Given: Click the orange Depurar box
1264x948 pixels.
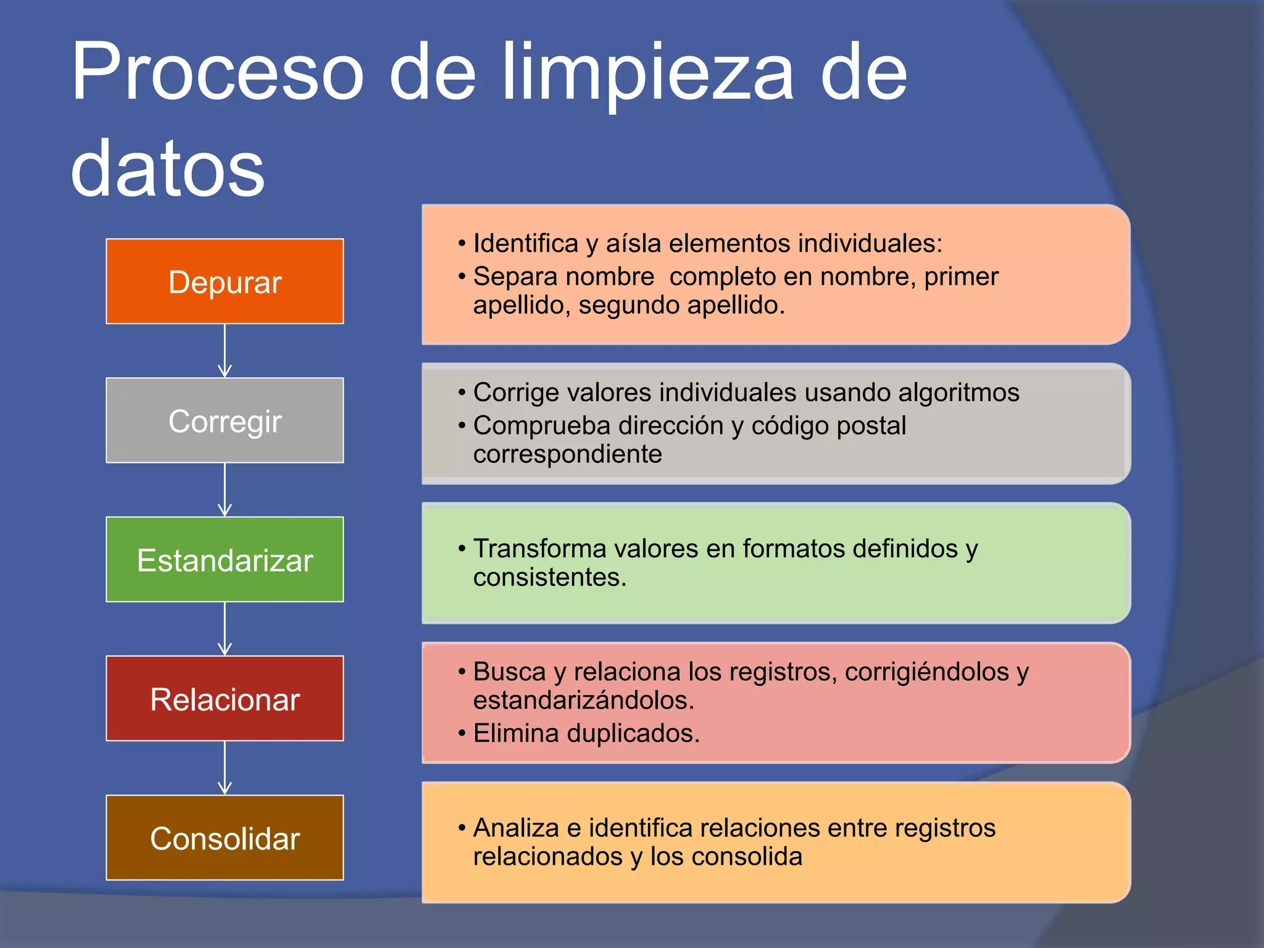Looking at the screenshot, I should coord(225,281).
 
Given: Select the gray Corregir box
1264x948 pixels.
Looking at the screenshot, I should coord(225,420).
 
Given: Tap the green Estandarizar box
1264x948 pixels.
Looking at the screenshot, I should coord(225,559).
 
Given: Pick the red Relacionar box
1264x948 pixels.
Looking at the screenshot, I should coord(225,699).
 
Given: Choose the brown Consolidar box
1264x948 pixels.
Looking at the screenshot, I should coord(225,838).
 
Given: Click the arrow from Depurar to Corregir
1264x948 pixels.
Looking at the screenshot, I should coord(225,351).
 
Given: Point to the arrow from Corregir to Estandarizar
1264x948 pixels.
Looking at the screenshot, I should coord(225,489).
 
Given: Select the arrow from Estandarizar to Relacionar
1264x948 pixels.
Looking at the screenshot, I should coord(225,628).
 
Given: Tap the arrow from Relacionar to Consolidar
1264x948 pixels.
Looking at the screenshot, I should coord(225,768).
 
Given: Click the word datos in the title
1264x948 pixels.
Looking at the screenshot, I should coord(167,168).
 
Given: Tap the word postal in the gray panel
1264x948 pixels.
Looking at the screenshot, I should coord(871,426).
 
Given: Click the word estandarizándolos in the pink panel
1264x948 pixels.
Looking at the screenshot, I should coord(584,701).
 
